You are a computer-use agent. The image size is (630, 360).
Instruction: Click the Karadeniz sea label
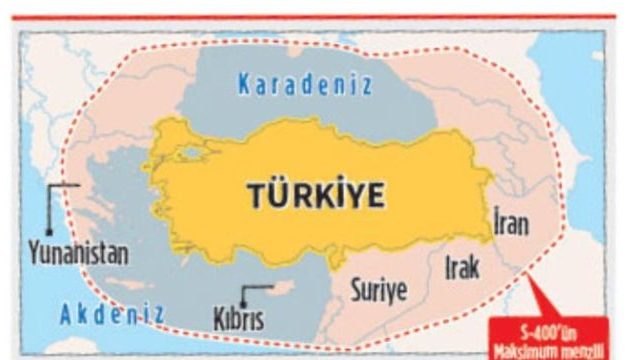coord(304,85)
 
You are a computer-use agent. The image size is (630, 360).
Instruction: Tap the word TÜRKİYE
coord(316,195)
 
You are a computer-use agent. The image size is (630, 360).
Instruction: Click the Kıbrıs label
coord(238,320)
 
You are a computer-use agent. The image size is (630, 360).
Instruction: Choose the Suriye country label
coord(378,291)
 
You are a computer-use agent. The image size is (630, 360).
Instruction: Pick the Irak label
coord(462,267)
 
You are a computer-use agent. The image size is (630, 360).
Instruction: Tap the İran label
coord(511,223)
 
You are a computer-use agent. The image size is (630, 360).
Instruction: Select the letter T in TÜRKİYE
coord(254,196)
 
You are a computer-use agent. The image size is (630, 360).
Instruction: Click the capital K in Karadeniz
coord(243,85)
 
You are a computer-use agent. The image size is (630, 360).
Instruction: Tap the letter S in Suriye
coord(355,291)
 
